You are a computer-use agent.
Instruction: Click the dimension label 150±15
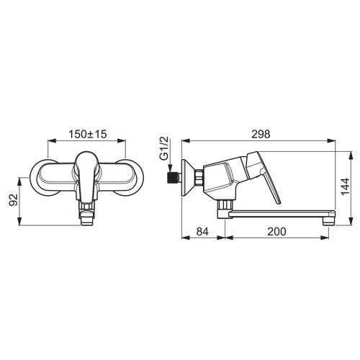tap(88, 134)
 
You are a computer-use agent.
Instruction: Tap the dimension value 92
tap(14, 199)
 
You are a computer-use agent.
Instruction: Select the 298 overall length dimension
tap(261, 134)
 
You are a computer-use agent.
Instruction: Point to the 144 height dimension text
tap(346, 186)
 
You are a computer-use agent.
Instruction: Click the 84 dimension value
tap(202, 232)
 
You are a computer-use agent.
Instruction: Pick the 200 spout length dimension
tap(276, 232)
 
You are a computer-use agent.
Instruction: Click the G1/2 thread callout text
tap(164, 150)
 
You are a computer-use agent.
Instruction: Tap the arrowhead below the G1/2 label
tap(170, 168)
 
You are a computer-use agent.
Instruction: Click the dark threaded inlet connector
tap(172, 178)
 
